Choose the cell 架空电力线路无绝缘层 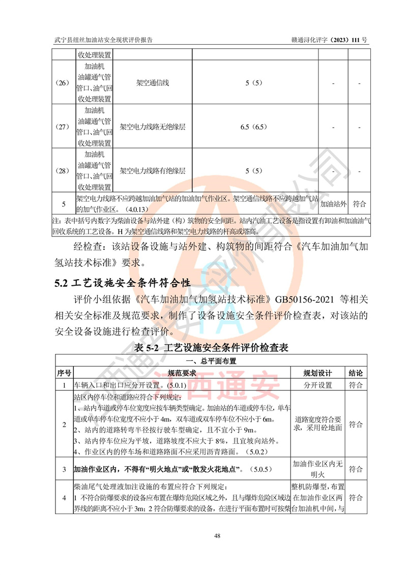tap(153, 127)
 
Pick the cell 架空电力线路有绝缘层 tap(153, 171)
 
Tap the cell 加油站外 tap(333, 204)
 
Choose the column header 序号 tap(64, 373)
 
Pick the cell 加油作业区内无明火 tap(317, 468)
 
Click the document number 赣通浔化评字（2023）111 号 tap(329, 40)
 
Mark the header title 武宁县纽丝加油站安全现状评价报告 tap(104, 40)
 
